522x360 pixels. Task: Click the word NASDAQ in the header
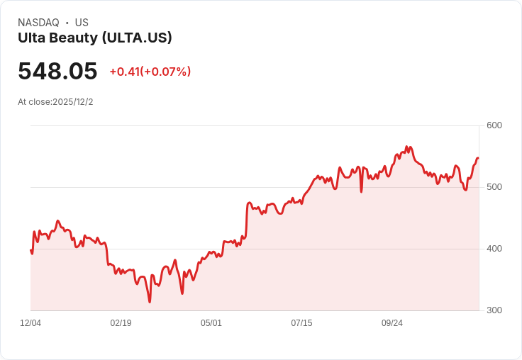coord(38,23)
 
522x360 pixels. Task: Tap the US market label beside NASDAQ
coord(82,23)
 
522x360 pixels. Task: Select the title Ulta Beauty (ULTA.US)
coord(95,38)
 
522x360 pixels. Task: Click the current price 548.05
coord(57,72)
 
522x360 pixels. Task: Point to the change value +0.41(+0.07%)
coord(150,72)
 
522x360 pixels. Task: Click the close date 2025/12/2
coord(73,102)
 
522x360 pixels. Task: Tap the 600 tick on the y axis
coord(494,125)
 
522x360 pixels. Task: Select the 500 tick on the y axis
coord(494,187)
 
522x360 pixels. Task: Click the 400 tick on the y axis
coord(494,249)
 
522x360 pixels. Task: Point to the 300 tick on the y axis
coord(494,310)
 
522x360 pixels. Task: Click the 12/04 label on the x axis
coord(30,323)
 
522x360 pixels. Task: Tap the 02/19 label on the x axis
coord(121,323)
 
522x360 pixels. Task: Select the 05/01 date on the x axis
coord(211,323)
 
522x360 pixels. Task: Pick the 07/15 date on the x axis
coord(301,323)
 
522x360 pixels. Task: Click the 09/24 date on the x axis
coord(392,323)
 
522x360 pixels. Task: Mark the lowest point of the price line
coord(150,302)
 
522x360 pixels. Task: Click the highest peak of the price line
coord(406,147)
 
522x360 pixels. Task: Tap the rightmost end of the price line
coord(478,158)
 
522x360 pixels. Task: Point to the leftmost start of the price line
coord(30,249)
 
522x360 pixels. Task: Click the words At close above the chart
coord(34,102)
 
